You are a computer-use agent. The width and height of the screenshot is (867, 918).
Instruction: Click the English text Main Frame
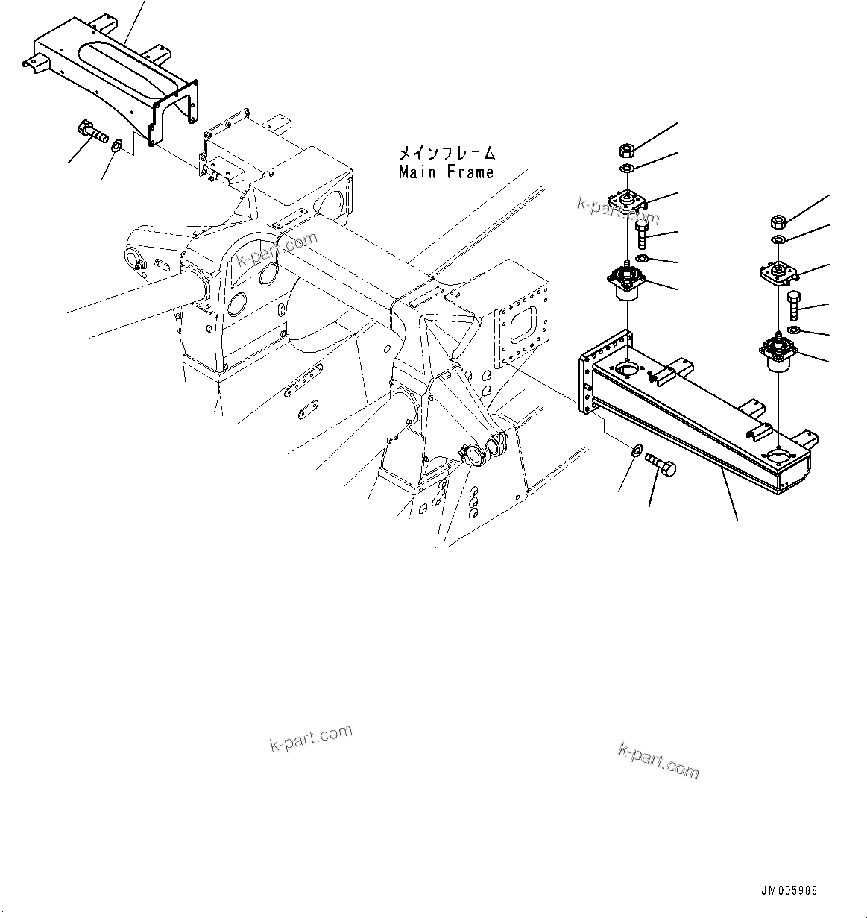pyautogui.click(x=446, y=172)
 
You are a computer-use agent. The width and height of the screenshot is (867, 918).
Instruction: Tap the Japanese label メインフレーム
pyautogui.click(x=446, y=154)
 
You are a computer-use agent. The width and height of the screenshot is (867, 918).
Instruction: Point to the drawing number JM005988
pyautogui.click(x=789, y=891)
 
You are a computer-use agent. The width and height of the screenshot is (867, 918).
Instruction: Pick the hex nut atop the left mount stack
pyautogui.click(x=627, y=151)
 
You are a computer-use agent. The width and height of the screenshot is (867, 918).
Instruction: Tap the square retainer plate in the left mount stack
pyautogui.click(x=626, y=201)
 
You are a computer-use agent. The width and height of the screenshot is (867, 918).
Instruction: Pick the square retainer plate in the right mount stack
pyautogui.click(x=778, y=273)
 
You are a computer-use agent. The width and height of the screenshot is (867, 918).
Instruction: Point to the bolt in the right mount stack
pyautogui.click(x=794, y=306)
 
